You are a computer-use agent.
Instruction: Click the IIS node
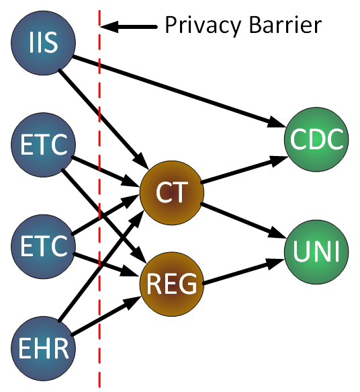point(43,43)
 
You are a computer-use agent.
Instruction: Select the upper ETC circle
point(43,145)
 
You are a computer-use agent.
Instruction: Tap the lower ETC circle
point(43,247)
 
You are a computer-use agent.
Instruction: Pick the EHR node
point(43,348)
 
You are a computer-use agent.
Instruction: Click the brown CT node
point(172,192)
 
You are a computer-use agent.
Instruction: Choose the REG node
point(172,284)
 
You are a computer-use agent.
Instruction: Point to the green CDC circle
point(316,139)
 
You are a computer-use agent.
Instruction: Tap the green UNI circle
point(316,251)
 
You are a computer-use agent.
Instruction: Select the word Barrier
point(285,24)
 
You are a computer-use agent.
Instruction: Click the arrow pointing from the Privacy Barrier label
point(128,26)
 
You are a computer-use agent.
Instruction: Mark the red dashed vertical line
point(99,199)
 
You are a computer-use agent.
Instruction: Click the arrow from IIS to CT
point(104,119)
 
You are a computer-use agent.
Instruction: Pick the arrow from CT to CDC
point(245,169)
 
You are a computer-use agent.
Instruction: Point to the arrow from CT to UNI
point(244,221)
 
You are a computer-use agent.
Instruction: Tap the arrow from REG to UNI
point(244,272)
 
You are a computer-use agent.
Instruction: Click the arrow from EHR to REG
point(106,315)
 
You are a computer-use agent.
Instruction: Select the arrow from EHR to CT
point(101,266)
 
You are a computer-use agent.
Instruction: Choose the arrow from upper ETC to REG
point(104,217)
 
